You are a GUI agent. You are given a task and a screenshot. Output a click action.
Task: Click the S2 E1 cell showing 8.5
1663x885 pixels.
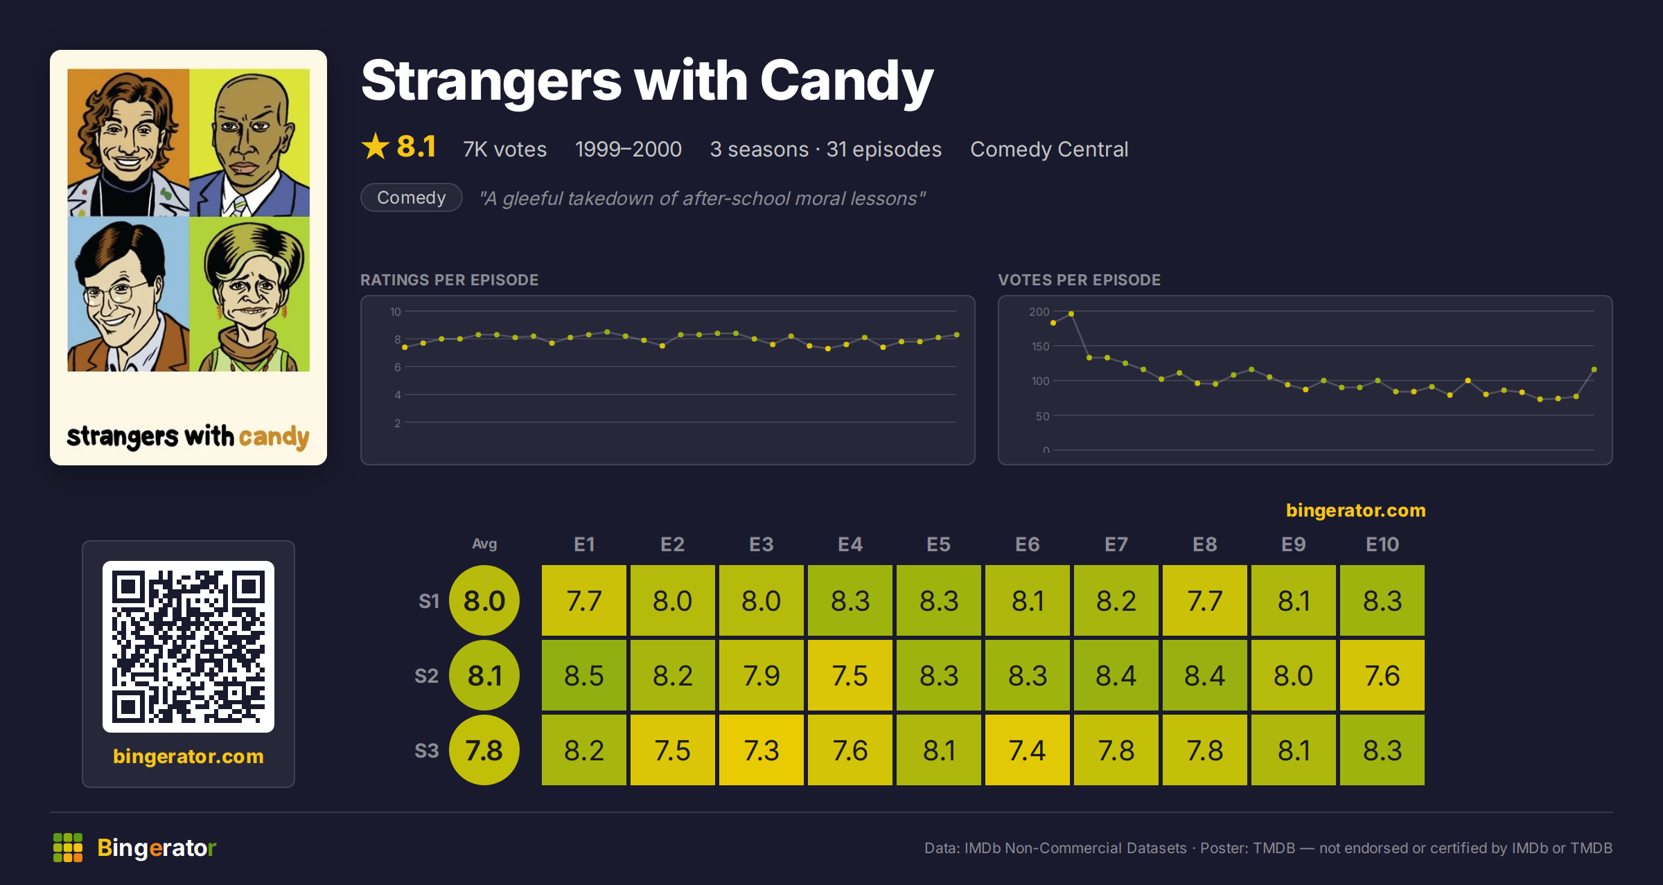[x=583, y=675]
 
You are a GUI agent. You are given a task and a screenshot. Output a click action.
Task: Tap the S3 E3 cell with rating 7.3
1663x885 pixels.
[x=761, y=750]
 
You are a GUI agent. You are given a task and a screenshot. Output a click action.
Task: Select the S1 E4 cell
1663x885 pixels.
[x=850, y=600]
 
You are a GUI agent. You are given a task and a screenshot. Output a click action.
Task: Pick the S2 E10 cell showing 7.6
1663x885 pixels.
[x=1382, y=675]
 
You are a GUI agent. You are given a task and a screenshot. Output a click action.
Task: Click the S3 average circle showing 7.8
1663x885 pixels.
[x=484, y=750]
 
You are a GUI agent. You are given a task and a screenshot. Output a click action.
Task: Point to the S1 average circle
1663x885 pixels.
[x=484, y=600]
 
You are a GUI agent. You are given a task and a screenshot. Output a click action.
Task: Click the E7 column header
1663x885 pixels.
[x=1116, y=544]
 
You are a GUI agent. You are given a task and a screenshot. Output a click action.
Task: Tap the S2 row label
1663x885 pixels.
[x=427, y=676]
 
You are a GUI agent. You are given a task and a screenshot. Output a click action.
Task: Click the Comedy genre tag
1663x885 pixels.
[x=411, y=197]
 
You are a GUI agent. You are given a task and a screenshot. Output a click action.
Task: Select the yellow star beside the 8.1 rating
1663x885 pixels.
[x=376, y=146]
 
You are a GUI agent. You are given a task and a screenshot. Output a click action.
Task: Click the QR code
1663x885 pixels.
[x=188, y=647]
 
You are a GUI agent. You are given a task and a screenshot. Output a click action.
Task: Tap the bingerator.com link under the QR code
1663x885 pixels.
[x=188, y=756]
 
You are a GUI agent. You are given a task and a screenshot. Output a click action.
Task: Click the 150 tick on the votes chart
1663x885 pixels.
[x=1040, y=346]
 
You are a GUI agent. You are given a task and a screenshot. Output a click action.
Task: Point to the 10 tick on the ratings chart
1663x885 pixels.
[x=395, y=312]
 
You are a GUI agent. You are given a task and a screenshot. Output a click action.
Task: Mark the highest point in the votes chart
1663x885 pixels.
[x=1071, y=314]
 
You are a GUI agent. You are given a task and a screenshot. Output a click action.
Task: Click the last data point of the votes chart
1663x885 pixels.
[x=1594, y=370]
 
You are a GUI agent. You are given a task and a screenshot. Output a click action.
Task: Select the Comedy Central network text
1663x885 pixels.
[x=1049, y=149]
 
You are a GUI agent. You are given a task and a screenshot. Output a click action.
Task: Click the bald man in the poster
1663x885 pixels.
[x=249, y=143]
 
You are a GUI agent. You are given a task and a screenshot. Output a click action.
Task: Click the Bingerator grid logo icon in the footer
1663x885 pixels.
[x=68, y=848]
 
